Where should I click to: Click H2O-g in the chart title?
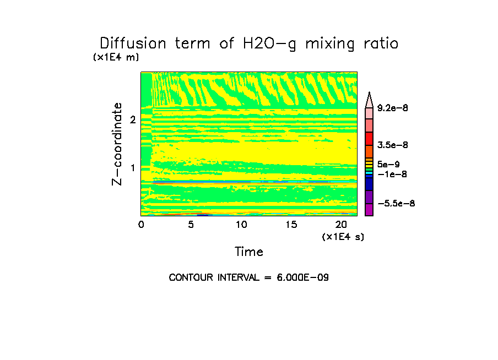(269, 44)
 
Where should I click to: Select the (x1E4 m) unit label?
(116, 57)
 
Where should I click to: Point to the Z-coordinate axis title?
(117, 143)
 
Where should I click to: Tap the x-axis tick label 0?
(141, 225)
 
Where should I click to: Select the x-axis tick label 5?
(191, 225)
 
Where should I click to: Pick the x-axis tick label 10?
(241, 225)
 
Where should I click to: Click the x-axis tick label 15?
(291, 225)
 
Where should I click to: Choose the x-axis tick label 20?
(341, 225)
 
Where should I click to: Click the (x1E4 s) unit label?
(343, 237)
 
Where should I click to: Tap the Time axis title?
(249, 252)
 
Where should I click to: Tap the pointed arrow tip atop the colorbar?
(369, 96)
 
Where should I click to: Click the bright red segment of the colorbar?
(369, 139)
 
